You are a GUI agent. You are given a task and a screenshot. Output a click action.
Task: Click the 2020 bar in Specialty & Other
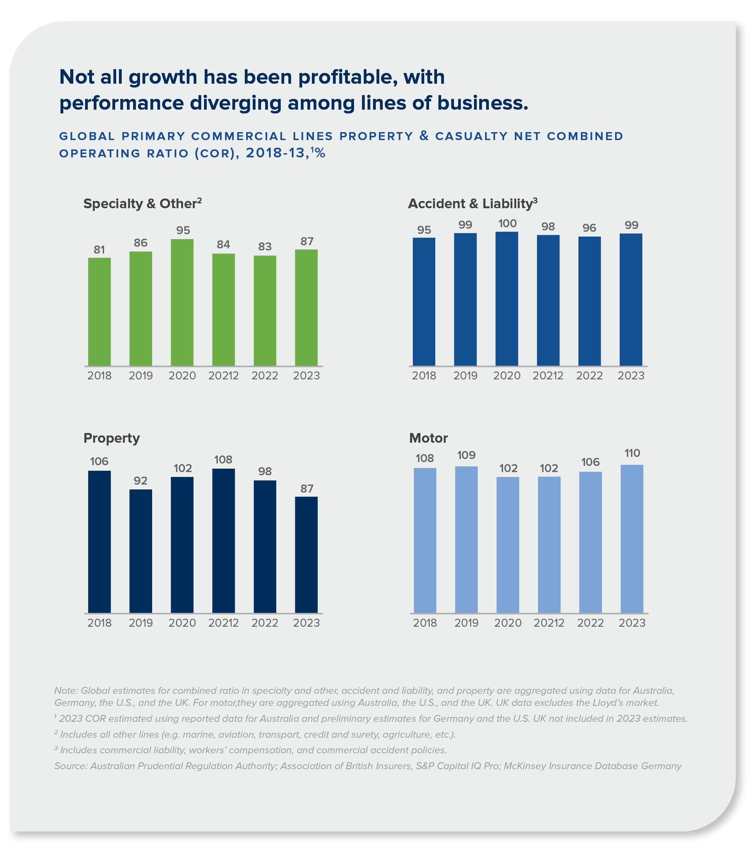tap(182, 302)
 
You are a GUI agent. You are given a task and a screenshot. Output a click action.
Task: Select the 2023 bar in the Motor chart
tap(631, 539)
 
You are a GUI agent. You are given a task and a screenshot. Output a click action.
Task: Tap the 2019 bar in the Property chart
tap(141, 551)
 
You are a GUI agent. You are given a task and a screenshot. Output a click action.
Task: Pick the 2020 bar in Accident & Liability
tap(507, 298)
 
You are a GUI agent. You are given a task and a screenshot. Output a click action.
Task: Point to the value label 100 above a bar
tap(507, 224)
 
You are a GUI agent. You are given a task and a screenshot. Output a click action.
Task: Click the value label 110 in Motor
tap(632, 453)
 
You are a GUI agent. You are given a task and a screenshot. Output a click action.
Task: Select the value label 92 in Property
tap(141, 481)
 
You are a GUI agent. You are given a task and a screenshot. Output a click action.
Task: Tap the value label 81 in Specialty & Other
tap(99, 250)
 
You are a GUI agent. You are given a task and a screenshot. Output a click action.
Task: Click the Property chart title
tap(111, 438)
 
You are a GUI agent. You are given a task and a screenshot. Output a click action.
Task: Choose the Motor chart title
tap(428, 438)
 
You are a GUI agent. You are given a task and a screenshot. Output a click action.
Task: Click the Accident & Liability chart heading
tap(472, 203)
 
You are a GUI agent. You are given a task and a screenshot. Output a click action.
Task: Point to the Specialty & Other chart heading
tap(142, 203)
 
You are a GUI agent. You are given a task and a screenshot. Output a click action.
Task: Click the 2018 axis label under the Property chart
tap(99, 623)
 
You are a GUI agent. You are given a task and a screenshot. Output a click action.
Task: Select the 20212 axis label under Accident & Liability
tap(548, 376)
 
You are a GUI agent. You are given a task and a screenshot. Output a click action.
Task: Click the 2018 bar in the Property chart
tap(99, 542)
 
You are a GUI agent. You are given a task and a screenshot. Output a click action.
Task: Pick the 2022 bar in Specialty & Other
tap(264, 310)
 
